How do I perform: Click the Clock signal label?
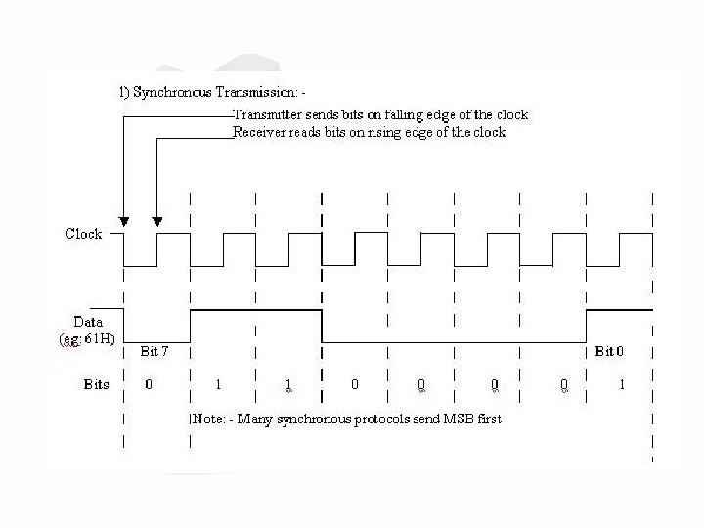coord(84,234)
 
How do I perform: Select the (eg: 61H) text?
coord(84,338)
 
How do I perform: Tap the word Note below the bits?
coord(207,418)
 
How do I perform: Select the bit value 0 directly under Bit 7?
coord(149,384)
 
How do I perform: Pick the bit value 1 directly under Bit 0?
coord(621,384)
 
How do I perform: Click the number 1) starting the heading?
coord(112,93)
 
